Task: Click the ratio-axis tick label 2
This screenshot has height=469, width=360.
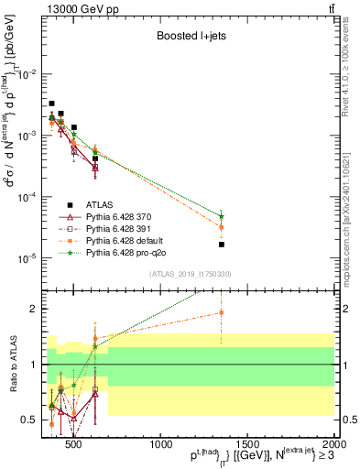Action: (37, 309)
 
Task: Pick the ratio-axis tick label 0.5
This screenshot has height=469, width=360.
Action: (33, 420)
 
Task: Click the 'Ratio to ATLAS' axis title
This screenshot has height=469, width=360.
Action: (12, 367)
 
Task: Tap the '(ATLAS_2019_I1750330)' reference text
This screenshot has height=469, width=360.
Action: (190, 274)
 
